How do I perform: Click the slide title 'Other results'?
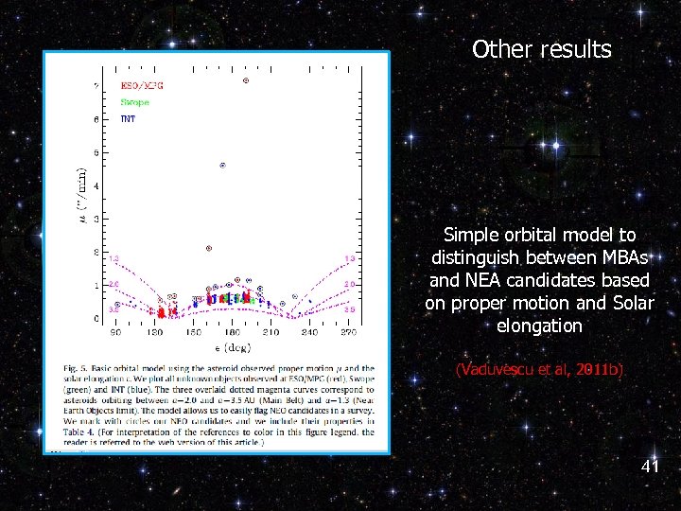pyautogui.click(x=541, y=49)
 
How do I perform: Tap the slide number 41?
pyautogui.click(x=650, y=467)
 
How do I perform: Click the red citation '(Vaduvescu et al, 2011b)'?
pyautogui.click(x=539, y=369)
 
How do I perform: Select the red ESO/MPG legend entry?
pyautogui.click(x=142, y=85)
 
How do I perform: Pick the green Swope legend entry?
pyautogui.click(x=134, y=102)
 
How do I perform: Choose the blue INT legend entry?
pyautogui.click(x=128, y=119)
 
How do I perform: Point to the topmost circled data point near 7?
pyautogui.click(x=246, y=80)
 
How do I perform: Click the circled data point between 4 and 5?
pyautogui.click(x=223, y=166)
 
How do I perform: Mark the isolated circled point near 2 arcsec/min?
pyautogui.click(x=209, y=249)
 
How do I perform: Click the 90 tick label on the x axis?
pyautogui.click(x=115, y=334)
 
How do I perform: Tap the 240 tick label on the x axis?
pyautogui.click(x=310, y=334)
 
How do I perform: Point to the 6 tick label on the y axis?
pyautogui.click(x=96, y=119)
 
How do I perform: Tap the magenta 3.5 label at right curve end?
pyautogui.click(x=349, y=309)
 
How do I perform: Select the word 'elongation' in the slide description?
pyautogui.click(x=539, y=326)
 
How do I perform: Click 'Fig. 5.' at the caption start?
pyautogui.click(x=75, y=368)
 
